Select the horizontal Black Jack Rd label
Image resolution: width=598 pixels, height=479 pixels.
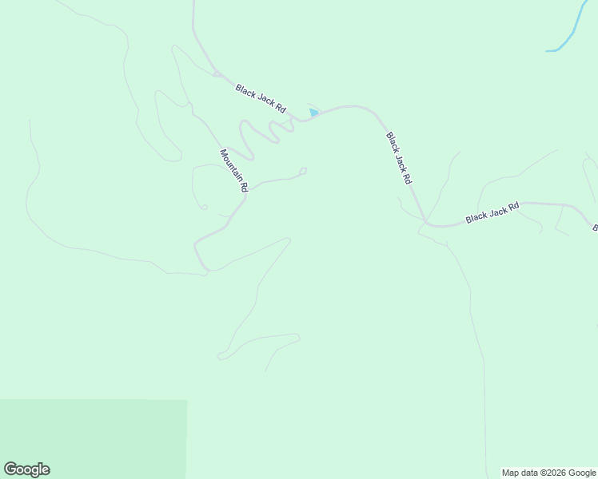[492, 212]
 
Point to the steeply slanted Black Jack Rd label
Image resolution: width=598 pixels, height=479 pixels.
[398, 158]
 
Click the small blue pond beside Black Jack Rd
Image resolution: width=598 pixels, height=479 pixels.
[314, 113]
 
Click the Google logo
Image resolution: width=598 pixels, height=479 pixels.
[26, 469]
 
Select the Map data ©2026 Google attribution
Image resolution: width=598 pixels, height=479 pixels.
[549, 473]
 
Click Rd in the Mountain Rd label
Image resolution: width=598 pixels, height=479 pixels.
[245, 188]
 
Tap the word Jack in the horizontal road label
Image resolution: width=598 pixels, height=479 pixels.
[498, 210]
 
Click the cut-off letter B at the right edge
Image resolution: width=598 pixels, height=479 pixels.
[595, 229]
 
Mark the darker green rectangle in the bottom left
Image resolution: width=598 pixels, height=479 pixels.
[93, 439]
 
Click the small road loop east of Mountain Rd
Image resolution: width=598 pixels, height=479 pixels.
[303, 170]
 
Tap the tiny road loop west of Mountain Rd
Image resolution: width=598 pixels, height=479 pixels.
[205, 208]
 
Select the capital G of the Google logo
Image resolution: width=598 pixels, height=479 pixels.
[11, 469]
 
